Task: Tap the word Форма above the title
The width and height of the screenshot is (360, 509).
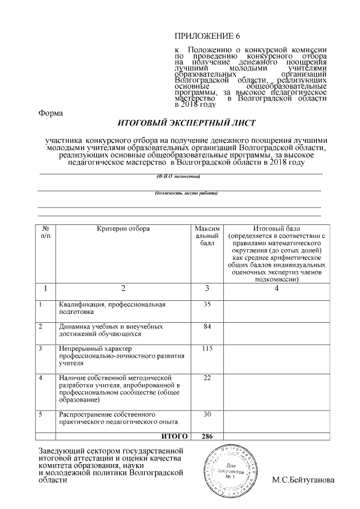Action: click(51, 112)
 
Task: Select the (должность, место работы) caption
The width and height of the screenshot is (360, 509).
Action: click(178, 193)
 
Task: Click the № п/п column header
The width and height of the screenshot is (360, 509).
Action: click(46, 233)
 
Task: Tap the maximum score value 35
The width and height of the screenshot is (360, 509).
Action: click(207, 305)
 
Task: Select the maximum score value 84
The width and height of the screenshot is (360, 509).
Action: click(207, 326)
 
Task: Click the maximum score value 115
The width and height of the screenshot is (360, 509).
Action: click(207, 349)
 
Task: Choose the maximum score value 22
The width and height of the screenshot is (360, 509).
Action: click(207, 377)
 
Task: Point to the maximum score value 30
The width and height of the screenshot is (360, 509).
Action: click(207, 414)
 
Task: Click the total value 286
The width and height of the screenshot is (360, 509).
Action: click(207, 436)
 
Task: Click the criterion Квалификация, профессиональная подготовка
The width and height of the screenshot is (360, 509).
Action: click(112, 308)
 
